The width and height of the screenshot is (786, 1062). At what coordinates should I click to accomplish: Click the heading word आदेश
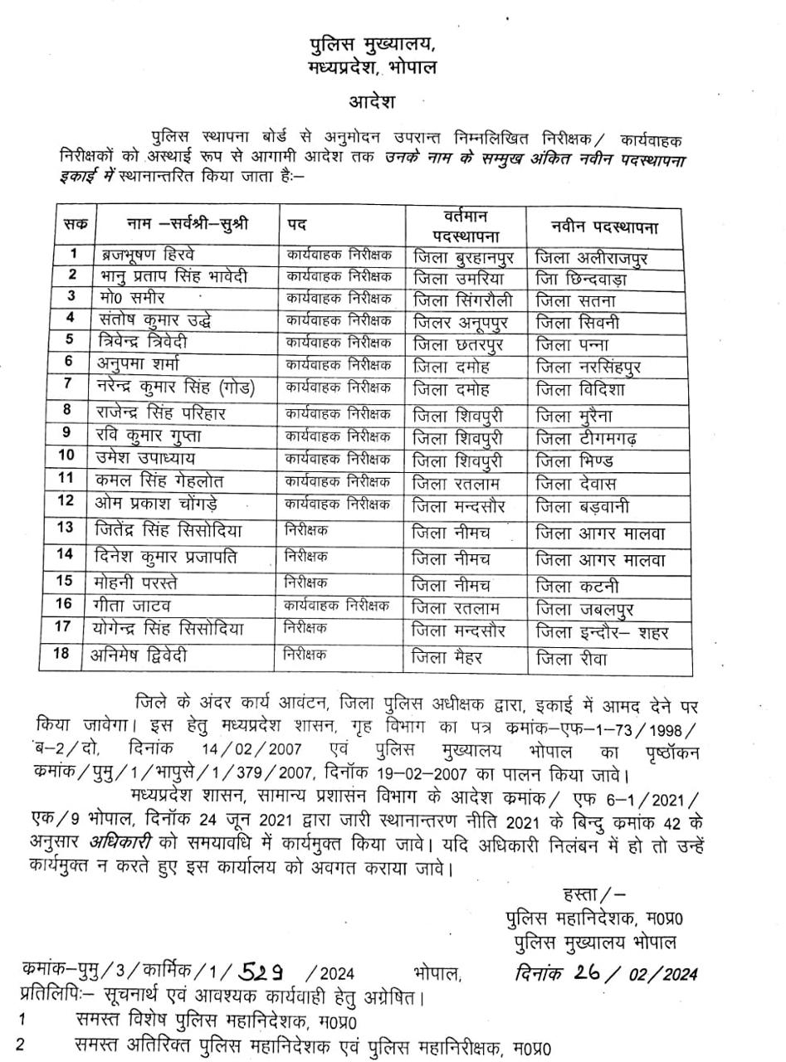(372, 102)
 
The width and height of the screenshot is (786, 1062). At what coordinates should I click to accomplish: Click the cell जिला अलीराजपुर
(592, 258)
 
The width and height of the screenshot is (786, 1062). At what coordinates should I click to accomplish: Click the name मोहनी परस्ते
(134, 583)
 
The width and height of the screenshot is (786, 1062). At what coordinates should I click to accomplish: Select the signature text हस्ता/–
(594, 894)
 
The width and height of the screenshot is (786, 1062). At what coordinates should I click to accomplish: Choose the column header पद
(297, 226)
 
